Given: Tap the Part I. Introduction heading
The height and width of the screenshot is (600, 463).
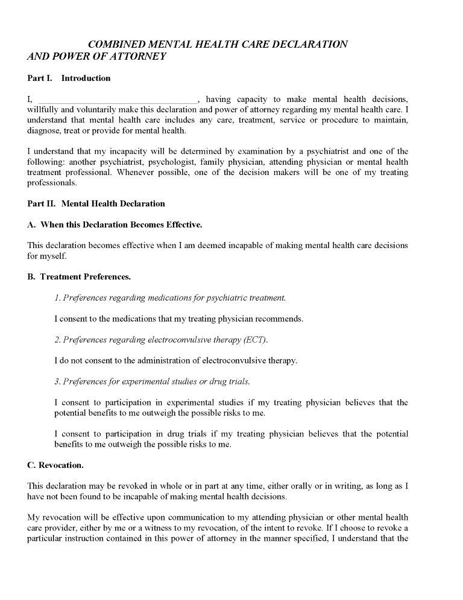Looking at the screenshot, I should [x=69, y=78].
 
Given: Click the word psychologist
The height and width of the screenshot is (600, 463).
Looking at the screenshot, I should [x=236, y=162].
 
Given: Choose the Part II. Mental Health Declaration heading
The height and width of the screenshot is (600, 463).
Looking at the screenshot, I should [x=96, y=203].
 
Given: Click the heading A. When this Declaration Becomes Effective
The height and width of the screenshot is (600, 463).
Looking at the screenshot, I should [x=115, y=225].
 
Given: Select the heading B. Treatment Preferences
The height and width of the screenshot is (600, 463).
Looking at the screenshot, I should [x=79, y=277].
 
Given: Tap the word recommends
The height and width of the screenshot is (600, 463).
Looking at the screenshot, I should [x=280, y=319].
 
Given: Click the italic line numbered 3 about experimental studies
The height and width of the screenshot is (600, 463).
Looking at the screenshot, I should [x=152, y=381].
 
